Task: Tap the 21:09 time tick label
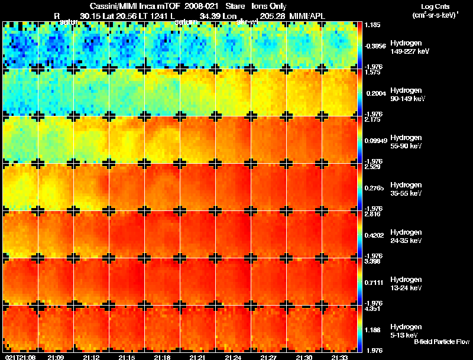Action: [56, 357]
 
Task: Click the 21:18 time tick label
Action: [163, 357]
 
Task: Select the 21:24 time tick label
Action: [234, 357]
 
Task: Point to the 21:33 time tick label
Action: [340, 357]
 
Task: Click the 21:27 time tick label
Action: [269, 357]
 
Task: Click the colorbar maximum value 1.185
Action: [372, 25]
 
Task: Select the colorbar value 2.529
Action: [372, 167]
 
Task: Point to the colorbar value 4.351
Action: [372, 309]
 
